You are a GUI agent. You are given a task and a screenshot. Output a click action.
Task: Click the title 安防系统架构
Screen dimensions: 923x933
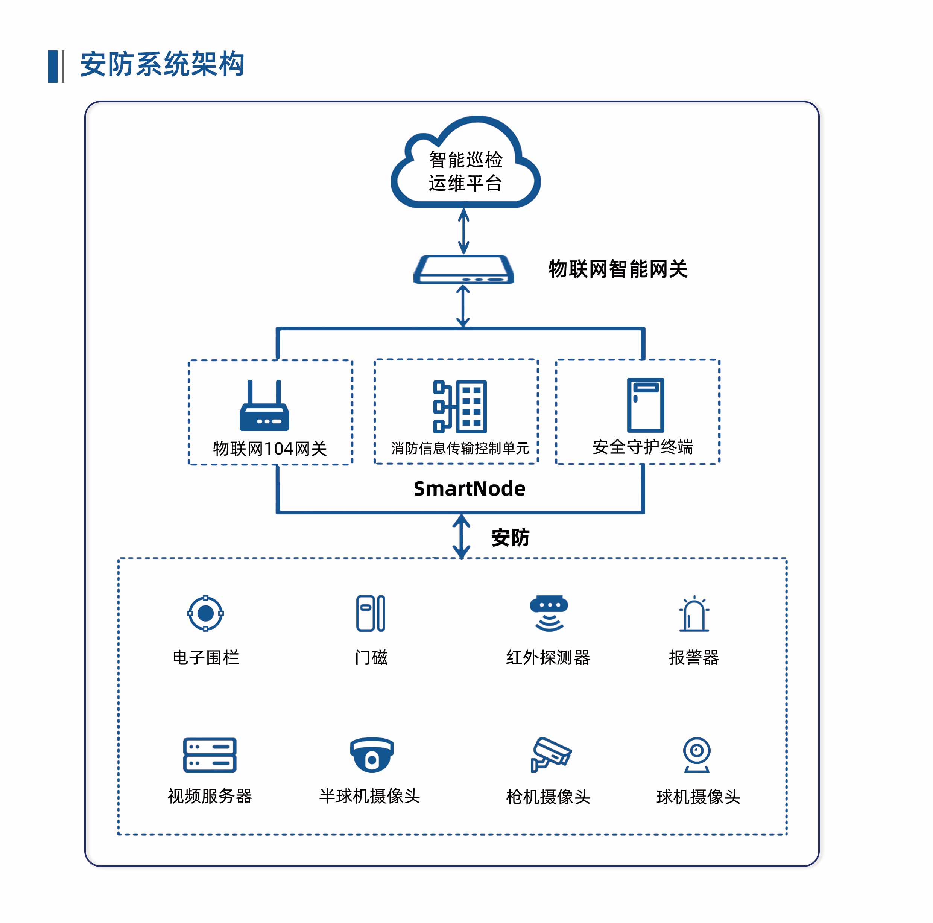(x=162, y=64)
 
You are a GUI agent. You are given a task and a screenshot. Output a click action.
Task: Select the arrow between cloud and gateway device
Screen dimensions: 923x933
(x=463, y=231)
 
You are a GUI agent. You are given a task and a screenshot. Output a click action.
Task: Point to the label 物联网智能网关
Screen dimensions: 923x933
(x=618, y=269)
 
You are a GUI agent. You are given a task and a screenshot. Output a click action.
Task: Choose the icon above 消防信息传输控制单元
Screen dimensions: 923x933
(x=460, y=406)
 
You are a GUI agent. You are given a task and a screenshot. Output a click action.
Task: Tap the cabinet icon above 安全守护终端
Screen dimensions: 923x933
(x=645, y=405)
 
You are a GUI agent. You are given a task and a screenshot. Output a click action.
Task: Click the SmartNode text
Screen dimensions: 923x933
(x=470, y=488)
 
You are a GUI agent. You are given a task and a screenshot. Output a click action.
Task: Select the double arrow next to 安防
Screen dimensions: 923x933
(x=461, y=536)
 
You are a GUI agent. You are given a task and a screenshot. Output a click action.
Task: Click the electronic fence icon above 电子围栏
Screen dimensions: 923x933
(x=206, y=613)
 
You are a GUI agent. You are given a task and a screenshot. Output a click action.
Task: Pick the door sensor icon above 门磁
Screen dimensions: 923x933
(x=371, y=613)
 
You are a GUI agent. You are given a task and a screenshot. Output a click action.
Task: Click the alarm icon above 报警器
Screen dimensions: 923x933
(x=694, y=614)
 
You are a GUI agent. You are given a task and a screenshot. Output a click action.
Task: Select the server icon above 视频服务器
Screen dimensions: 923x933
(x=210, y=754)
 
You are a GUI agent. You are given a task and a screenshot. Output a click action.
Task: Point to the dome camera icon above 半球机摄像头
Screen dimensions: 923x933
(x=371, y=754)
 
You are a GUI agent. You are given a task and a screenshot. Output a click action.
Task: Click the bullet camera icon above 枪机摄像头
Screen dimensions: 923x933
(x=550, y=754)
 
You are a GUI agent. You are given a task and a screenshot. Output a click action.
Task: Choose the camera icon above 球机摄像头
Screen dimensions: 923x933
(x=696, y=754)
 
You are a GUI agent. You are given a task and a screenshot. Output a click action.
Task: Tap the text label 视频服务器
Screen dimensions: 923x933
(x=210, y=796)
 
